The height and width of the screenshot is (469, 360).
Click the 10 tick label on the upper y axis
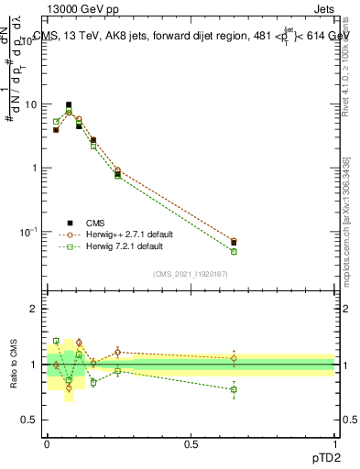32,104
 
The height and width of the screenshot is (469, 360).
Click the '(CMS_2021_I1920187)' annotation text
191,273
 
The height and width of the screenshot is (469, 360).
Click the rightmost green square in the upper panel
234,251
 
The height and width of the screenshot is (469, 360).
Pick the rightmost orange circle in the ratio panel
234,358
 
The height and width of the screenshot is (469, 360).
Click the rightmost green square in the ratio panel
234,389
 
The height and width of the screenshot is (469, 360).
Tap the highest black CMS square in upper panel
69,105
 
